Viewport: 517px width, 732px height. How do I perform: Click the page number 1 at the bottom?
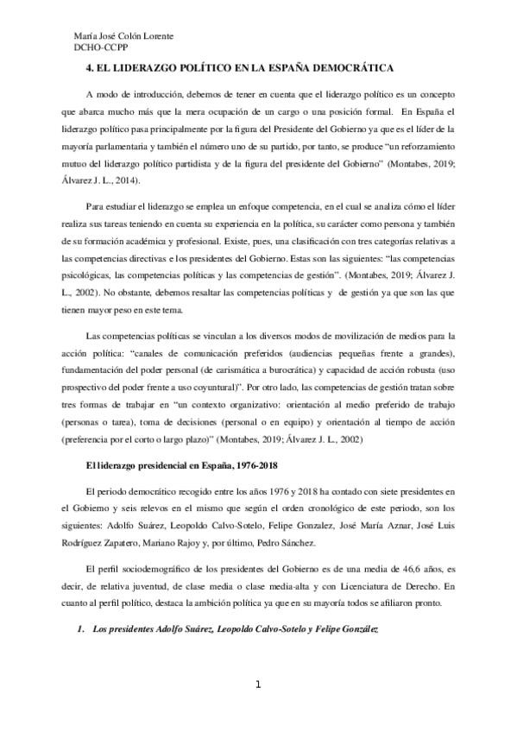pos(257,686)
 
